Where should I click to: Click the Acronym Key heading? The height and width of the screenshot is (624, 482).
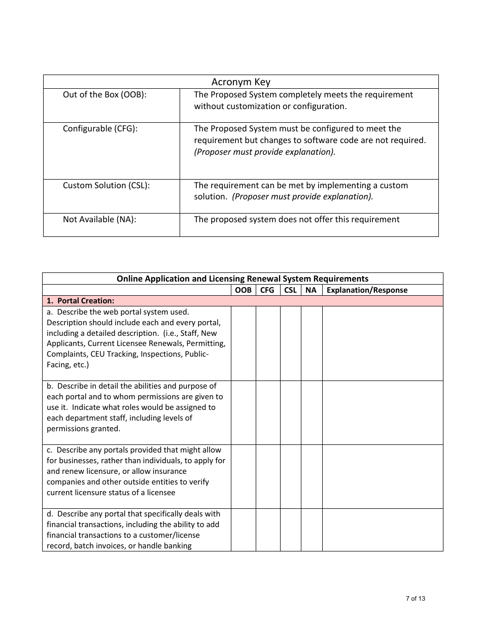(x=240, y=82)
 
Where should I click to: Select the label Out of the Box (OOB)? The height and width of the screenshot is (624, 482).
(x=105, y=95)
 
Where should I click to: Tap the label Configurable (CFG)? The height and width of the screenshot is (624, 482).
(x=100, y=129)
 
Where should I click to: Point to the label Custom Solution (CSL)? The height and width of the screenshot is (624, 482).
(x=106, y=186)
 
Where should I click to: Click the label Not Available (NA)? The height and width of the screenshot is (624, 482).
(x=99, y=220)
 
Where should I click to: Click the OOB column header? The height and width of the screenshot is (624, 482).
(x=243, y=290)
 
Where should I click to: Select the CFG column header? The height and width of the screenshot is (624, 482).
(x=267, y=290)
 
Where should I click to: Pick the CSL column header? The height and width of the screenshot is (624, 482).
(x=290, y=290)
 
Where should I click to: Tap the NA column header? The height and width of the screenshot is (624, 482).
(x=311, y=290)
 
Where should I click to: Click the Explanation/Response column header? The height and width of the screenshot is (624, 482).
(x=367, y=290)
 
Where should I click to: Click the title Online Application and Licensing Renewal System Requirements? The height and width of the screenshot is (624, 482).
(x=243, y=279)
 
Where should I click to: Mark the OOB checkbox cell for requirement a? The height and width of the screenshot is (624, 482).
(x=243, y=343)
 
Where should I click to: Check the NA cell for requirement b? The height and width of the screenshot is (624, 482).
(x=312, y=412)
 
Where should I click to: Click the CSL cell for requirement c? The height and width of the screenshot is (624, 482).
(x=290, y=476)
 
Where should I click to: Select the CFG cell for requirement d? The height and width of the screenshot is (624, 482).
(x=267, y=530)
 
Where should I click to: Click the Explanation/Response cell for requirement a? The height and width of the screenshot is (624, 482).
(x=382, y=343)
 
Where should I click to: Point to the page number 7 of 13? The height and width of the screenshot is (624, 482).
(x=416, y=599)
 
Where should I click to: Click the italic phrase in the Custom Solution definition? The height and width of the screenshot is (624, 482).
(x=302, y=197)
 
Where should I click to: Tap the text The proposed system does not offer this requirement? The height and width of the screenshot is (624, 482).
(x=296, y=220)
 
